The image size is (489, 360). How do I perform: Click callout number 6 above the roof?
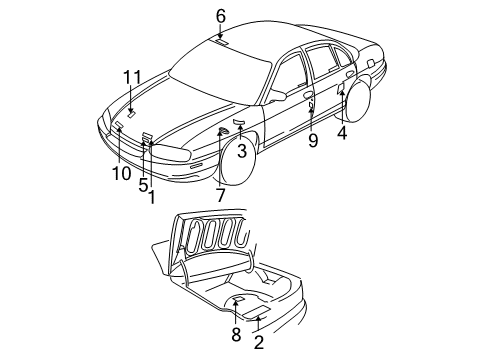pyautogui.click(x=220, y=15)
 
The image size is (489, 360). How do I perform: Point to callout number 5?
pyautogui.click(x=143, y=184)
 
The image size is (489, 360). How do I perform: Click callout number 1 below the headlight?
pyautogui.click(x=152, y=198)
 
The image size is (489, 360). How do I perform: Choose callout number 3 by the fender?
pyautogui.click(x=242, y=151)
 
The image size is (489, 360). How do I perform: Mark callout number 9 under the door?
pyautogui.click(x=312, y=141)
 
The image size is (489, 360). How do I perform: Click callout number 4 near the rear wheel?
pyautogui.click(x=342, y=131)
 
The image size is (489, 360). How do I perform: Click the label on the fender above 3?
pyautogui.click(x=238, y=122)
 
